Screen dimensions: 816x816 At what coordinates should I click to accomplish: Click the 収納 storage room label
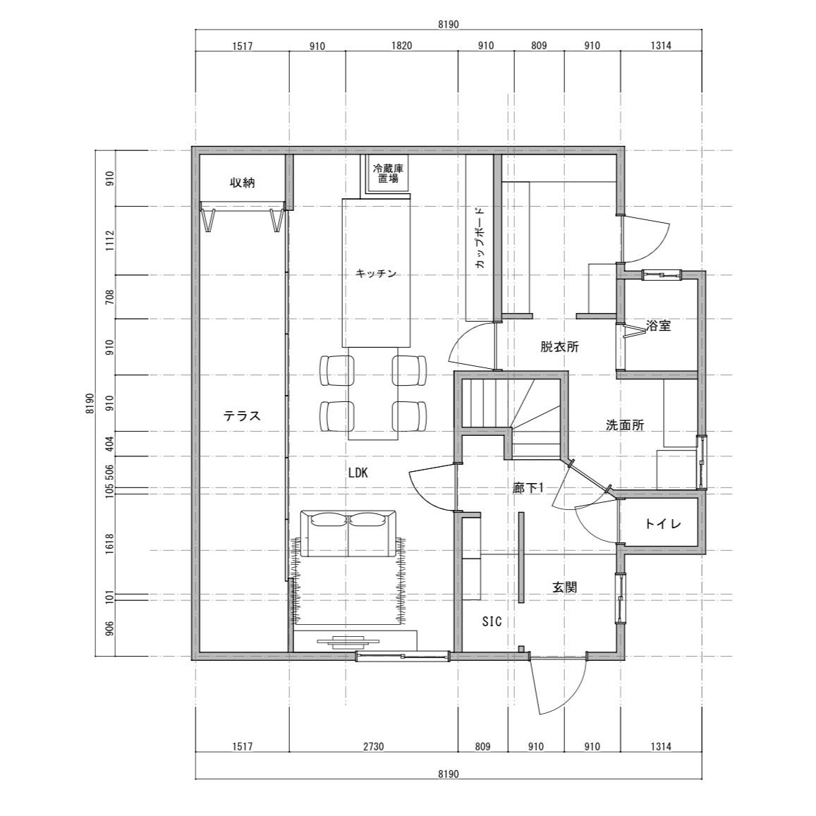[243, 183]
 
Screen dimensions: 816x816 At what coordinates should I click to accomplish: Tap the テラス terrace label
[241, 416]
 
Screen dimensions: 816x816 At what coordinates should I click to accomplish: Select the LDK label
[358, 473]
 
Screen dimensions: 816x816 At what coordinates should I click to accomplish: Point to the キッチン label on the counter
[376, 273]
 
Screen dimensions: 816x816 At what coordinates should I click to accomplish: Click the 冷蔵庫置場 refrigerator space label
[388, 173]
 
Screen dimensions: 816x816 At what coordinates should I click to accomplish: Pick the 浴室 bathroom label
[658, 326]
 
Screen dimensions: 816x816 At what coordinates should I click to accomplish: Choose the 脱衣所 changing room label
[559, 346]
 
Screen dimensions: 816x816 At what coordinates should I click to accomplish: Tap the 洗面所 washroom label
[625, 425]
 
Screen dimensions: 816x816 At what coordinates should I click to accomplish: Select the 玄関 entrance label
[564, 587]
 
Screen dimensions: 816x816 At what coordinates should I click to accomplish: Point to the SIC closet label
[492, 621]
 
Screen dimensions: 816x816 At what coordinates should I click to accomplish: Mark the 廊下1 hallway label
[528, 487]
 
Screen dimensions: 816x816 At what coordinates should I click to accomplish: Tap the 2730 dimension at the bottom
[373, 747]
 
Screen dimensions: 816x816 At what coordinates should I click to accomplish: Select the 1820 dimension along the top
[401, 46]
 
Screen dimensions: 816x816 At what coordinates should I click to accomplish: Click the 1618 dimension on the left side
[109, 544]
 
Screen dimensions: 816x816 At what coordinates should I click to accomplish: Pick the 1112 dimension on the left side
[109, 241]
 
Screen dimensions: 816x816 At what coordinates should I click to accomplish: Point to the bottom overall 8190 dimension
[448, 774]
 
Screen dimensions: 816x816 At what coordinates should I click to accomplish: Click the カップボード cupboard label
[480, 238]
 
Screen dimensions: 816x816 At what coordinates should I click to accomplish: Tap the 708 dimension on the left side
[109, 297]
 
